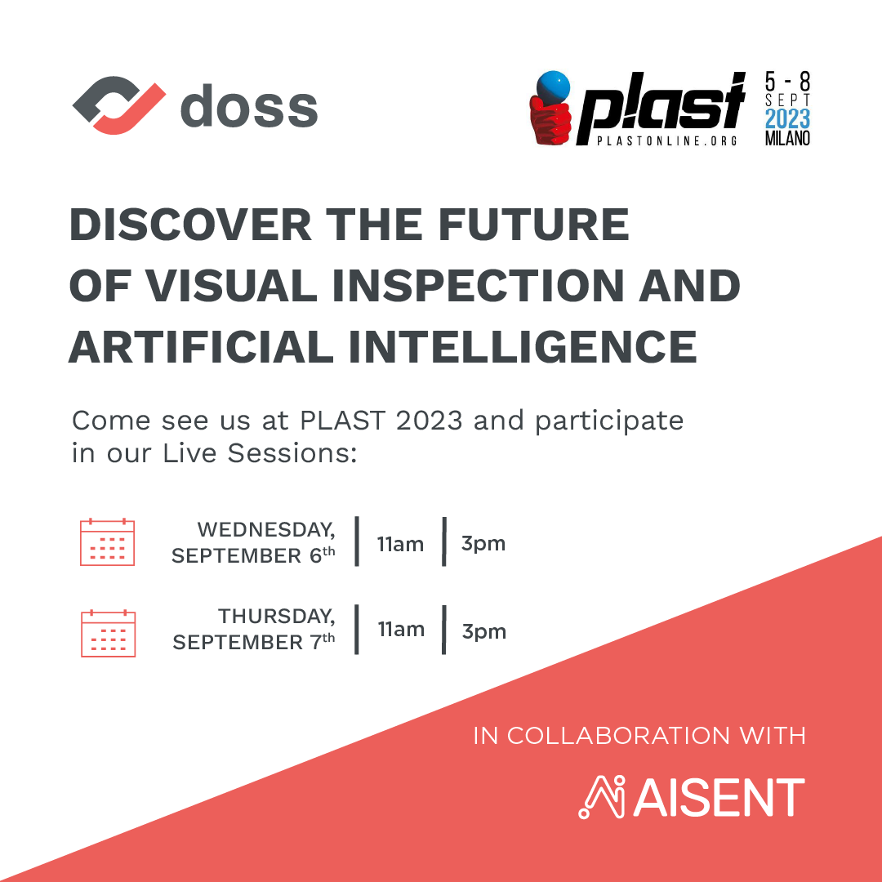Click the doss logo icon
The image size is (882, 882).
(x=118, y=105)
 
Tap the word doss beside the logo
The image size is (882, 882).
(x=249, y=105)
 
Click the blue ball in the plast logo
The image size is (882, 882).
(x=553, y=87)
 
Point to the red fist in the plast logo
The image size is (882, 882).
(x=550, y=122)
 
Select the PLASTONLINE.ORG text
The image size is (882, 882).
(x=666, y=141)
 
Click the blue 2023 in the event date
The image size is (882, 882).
(x=787, y=118)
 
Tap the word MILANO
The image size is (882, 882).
(x=787, y=138)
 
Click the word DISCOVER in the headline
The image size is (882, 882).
(x=190, y=225)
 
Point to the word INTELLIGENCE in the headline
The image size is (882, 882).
(x=523, y=347)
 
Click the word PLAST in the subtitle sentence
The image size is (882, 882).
(x=342, y=421)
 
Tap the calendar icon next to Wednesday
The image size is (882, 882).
(x=108, y=541)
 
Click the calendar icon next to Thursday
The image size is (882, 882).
(x=109, y=634)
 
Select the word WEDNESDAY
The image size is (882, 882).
(x=266, y=530)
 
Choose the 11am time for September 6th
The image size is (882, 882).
(x=400, y=544)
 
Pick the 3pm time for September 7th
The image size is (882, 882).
(x=483, y=631)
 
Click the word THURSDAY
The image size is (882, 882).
(x=276, y=617)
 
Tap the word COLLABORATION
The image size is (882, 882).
(x=618, y=736)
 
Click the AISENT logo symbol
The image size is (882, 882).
(x=602, y=797)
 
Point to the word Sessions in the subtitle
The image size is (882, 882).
(x=292, y=453)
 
